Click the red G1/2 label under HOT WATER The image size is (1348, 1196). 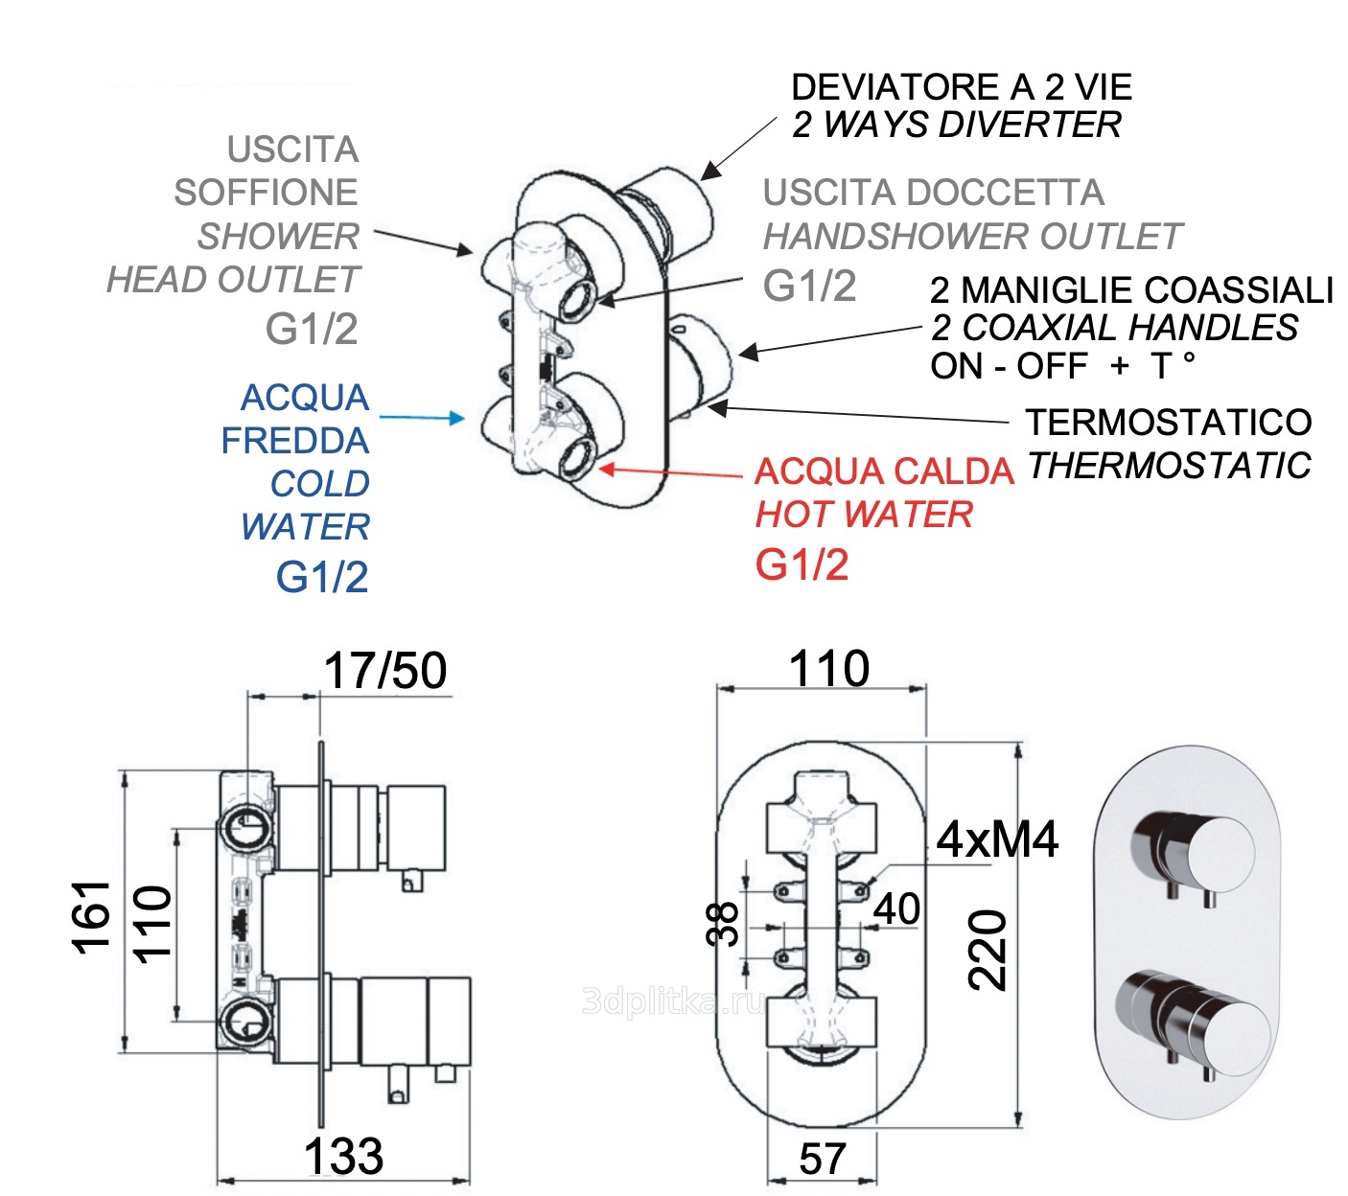point(802,564)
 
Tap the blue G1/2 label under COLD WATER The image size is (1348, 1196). point(321,577)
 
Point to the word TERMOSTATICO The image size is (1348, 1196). point(1168,422)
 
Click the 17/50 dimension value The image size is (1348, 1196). point(384,670)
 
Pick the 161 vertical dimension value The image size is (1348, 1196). point(92,916)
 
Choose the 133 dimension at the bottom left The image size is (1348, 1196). point(343,1156)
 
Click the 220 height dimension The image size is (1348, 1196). point(988,950)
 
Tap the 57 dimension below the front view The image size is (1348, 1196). point(823,1159)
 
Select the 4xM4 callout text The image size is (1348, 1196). point(997,839)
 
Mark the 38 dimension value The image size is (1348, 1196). point(725,924)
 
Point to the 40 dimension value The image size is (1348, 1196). point(897,908)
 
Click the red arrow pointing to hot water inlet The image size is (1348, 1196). point(671,471)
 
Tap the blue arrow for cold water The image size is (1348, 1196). point(422,418)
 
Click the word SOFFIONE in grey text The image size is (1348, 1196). point(266,193)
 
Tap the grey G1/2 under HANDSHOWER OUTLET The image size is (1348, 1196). point(809,286)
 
